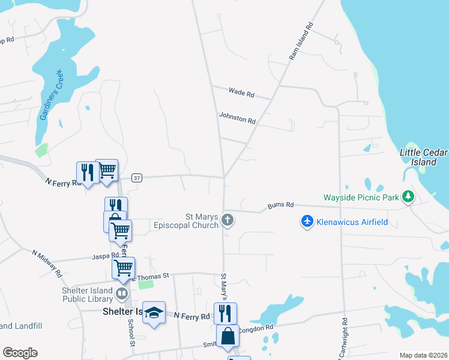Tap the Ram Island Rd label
coord(301,41)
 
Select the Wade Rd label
coord(241,93)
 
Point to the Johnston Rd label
coord(237,118)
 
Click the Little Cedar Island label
coord(423,157)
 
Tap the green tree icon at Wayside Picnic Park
coord(408,196)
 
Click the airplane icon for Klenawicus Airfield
coord(307,222)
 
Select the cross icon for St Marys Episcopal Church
coord(228,220)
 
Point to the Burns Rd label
coord(281,205)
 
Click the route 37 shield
coord(137,178)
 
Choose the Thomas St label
coord(154,277)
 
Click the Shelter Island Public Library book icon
coord(122,293)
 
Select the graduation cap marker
coord(154,312)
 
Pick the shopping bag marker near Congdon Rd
coord(228,336)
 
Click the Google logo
coord(20,353)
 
